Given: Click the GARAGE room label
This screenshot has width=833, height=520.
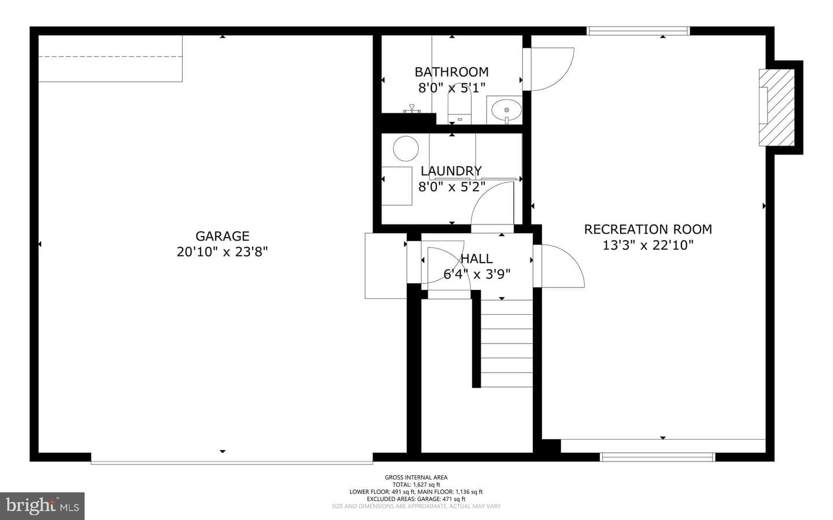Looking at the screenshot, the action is pyautogui.click(x=222, y=236).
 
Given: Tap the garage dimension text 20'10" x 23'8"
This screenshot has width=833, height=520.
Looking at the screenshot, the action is pyautogui.click(x=222, y=252).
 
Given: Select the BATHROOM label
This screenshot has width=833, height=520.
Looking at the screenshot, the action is pyautogui.click(x=452, y=72).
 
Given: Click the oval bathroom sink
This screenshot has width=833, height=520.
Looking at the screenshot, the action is pyautogui.click(x=507, y=110).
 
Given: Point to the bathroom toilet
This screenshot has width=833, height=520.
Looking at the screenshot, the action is pyautogui.click(x=460, y=104).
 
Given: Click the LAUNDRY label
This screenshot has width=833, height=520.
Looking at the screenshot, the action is pyautogui.click(x=451, y=171).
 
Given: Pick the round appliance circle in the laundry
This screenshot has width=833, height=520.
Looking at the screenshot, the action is pyautogui.click(x=406, y=149).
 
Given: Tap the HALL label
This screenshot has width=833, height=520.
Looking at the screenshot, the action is pyautogui.click(x=477, y=259).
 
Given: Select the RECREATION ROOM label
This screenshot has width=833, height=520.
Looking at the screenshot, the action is pyautogui.click(x=648, y=229).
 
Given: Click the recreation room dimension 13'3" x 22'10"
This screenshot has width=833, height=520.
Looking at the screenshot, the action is pyautogui.click(x=648, y=245).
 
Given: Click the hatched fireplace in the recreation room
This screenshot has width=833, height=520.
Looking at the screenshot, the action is pyautogui.click(x=777, y=107).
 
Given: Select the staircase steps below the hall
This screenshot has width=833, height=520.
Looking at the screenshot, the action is pyautogui.click(x=507, y=344).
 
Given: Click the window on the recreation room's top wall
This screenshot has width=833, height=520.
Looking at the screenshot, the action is pyautogui.click(x=638, y=31).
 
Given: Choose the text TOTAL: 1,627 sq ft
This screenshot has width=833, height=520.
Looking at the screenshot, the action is pyautogui.click(x=416, y=485).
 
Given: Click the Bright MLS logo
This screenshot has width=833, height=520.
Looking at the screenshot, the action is pyautogui.click(x=42, y=506).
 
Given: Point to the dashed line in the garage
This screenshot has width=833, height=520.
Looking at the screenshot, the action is pyautogui.click(x=110, y=57).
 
